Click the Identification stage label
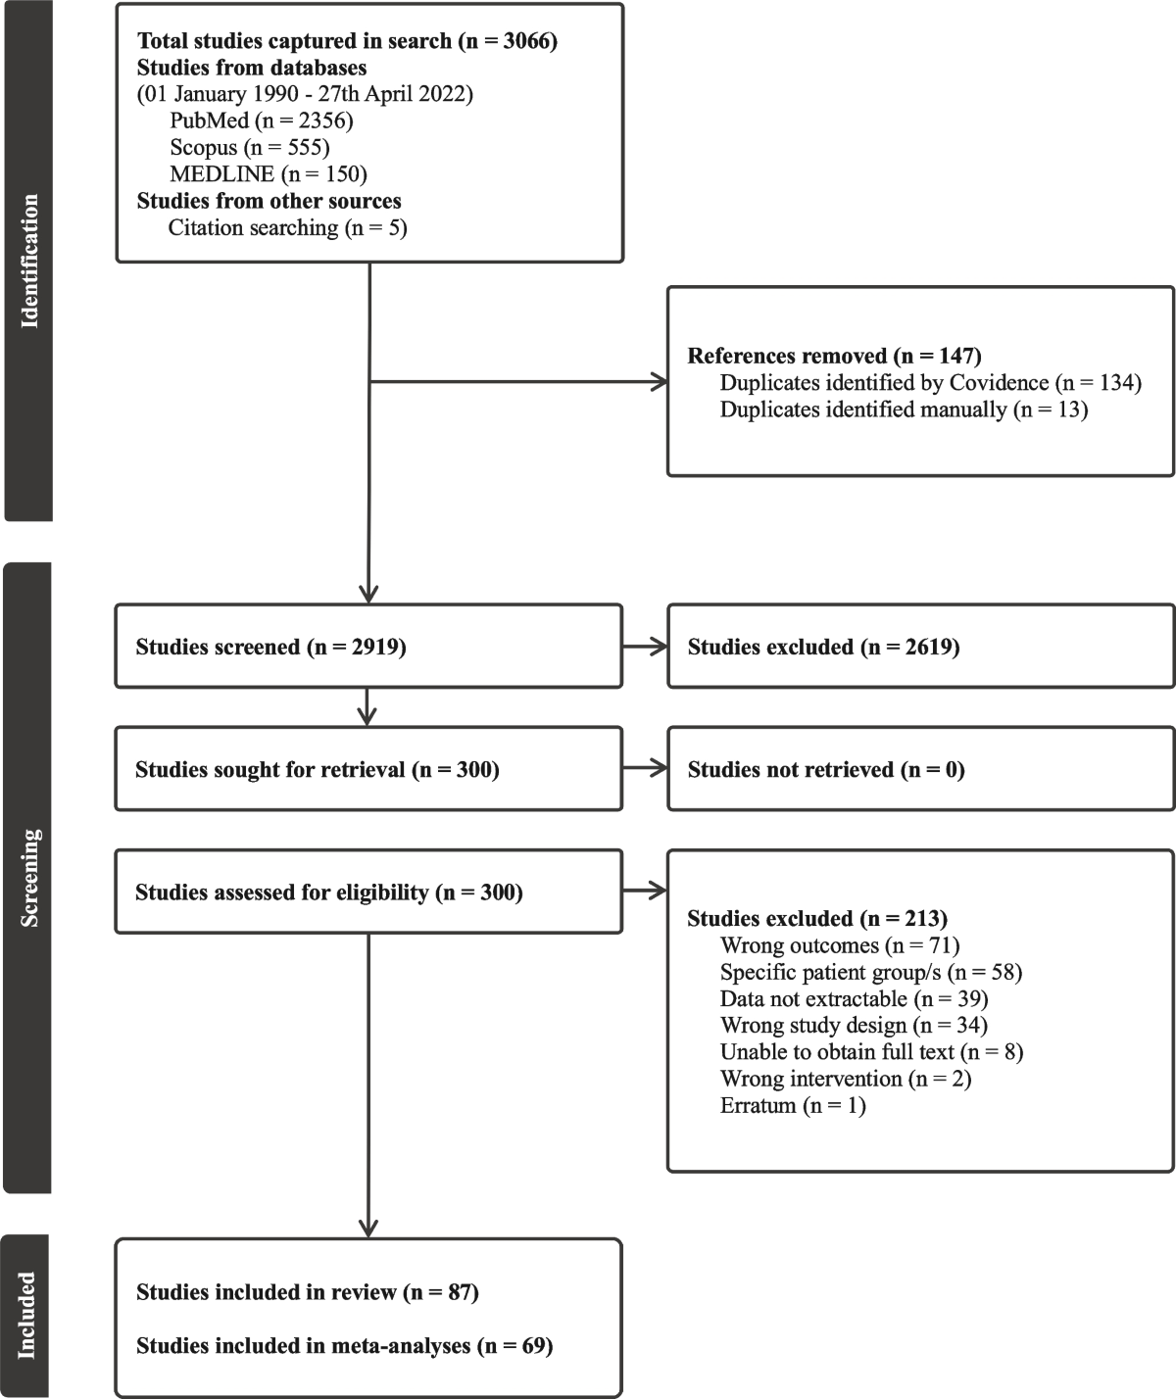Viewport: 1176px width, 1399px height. tap(28, 261)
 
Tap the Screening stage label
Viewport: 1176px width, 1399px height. tap(28, 877)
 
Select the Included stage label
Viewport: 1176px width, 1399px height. tap(27, 1315)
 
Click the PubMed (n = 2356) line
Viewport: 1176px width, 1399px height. tap(261, 121)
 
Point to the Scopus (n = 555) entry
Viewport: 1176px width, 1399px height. tap(249, 147)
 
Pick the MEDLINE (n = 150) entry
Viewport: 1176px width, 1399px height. tap(268, 174)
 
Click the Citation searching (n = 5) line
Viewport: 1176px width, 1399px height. tap(287, 227)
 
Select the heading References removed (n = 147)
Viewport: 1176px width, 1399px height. tap(834, 356)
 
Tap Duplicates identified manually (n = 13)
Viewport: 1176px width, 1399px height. tap(904, 410)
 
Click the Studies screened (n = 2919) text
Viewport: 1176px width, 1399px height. tap(270, 647)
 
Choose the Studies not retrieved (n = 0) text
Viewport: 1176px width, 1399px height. tap(826, 770)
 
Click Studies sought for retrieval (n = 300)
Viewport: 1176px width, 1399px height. tap(318, 770)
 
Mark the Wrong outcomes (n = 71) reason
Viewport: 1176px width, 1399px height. tap(839, 945)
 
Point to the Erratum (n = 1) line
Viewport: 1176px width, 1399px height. tap(793, 1105)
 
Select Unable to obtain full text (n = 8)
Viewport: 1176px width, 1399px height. tap(871, 1052)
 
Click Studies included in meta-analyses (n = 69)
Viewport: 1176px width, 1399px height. tap(344, 1346)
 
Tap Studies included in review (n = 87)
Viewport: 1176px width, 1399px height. tap(308, 1292)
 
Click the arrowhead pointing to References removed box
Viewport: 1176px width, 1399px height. tap(660, 382)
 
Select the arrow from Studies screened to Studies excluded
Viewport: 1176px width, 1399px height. tap(645, 647)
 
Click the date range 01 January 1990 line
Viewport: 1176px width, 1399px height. tap(305, 94)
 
